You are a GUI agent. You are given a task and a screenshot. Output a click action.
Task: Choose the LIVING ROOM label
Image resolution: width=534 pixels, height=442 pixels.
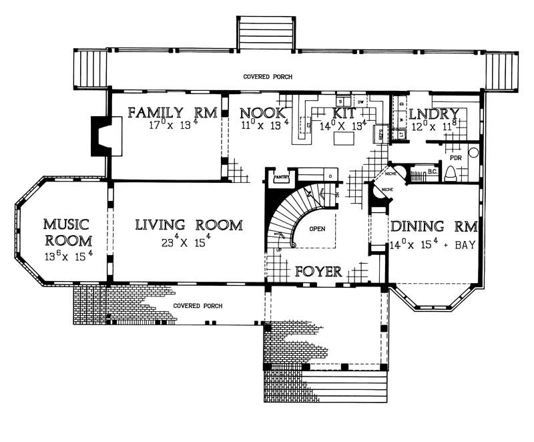189,225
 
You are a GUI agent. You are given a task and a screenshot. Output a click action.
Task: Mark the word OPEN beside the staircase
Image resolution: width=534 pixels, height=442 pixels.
317,228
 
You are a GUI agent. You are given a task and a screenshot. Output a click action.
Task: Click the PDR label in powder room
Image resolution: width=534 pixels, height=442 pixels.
457,158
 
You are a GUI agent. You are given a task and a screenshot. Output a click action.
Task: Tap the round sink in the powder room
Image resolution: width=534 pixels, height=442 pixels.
473,152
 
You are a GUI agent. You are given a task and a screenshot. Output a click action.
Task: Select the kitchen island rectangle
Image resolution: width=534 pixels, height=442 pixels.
343,140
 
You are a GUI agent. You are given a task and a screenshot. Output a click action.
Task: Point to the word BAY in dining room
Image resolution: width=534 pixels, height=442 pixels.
465,245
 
